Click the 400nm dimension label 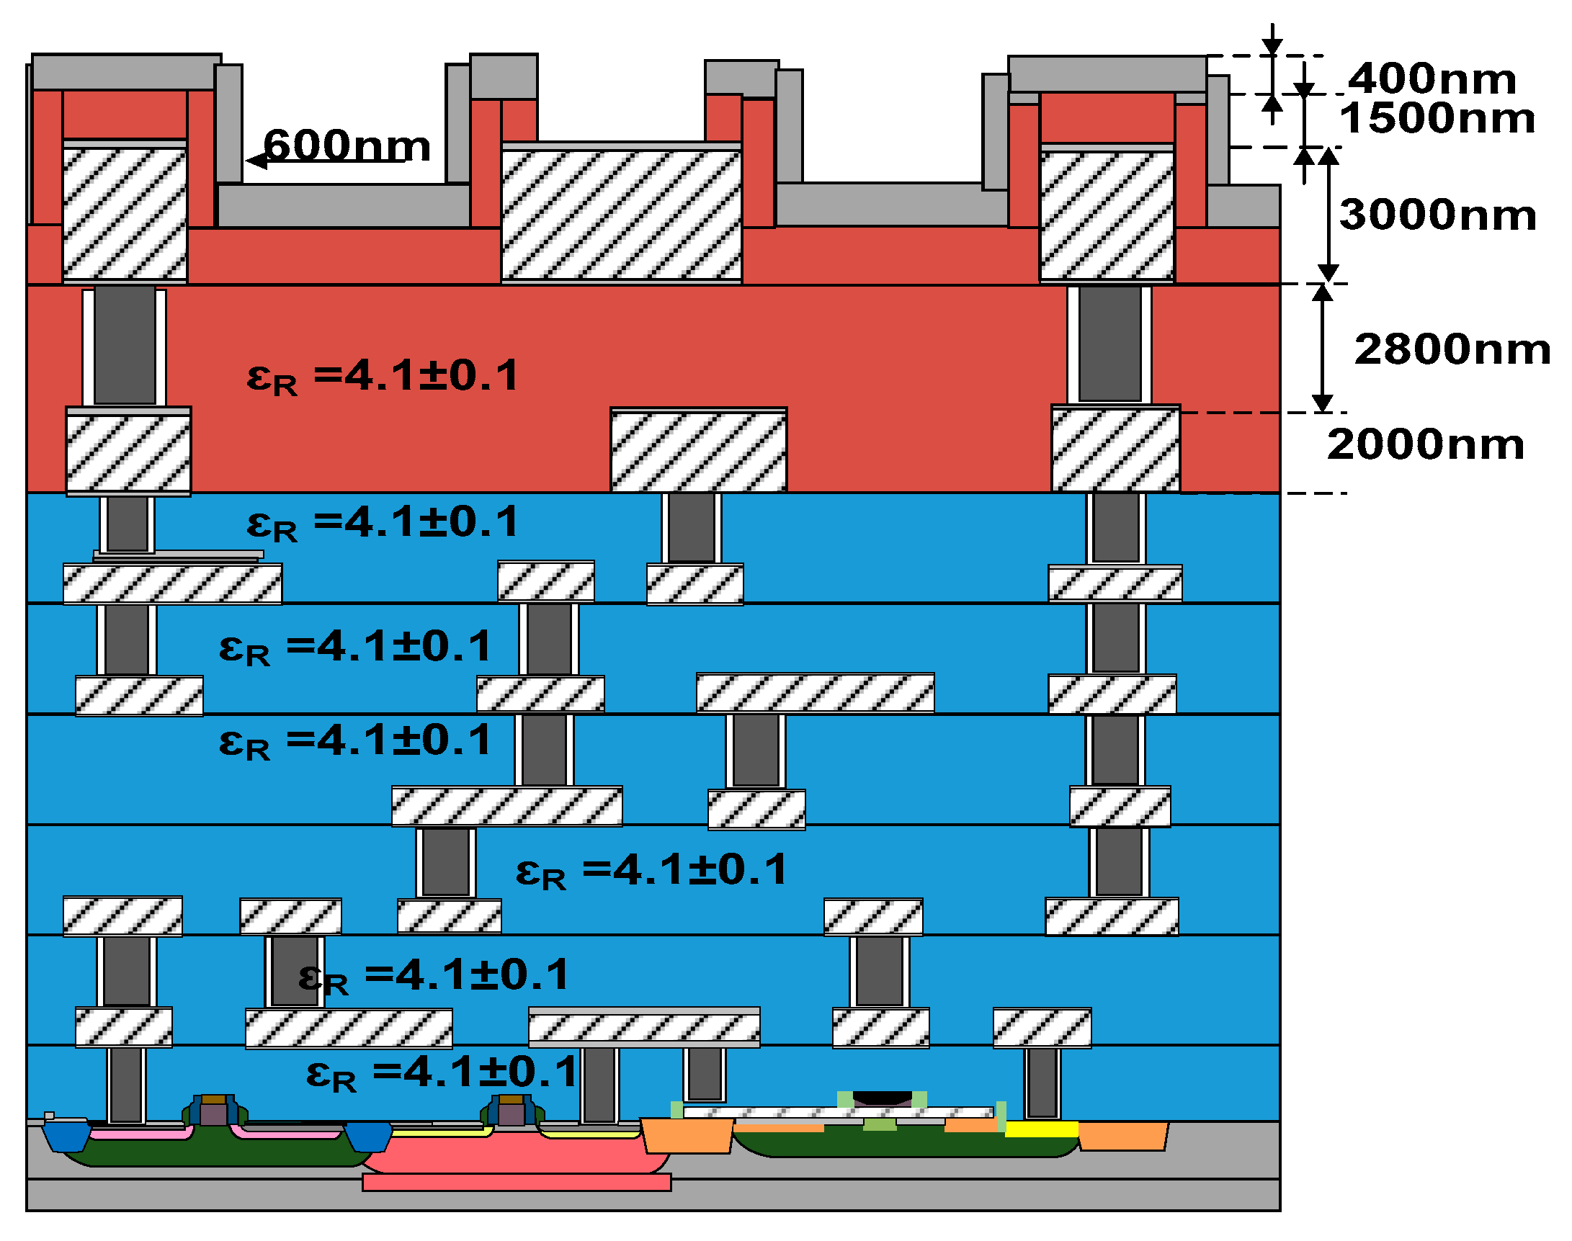point(1432,79)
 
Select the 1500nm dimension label point(1437,118)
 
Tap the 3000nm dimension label point(1437,215)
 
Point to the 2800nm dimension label point(1452,349)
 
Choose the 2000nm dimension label point(1424,444)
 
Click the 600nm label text point(347,145)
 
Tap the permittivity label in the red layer point(383,377)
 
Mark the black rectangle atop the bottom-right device point(882,1098)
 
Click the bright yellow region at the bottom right point(1041,1129)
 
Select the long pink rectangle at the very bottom point(516,1182)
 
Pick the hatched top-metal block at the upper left point(125,213)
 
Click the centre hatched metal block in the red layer point(697,450)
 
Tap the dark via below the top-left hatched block point(125,345)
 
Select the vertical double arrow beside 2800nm point(1322,348)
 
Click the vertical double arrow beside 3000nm point(1328,215)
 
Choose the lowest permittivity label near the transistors point(441,1072)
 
